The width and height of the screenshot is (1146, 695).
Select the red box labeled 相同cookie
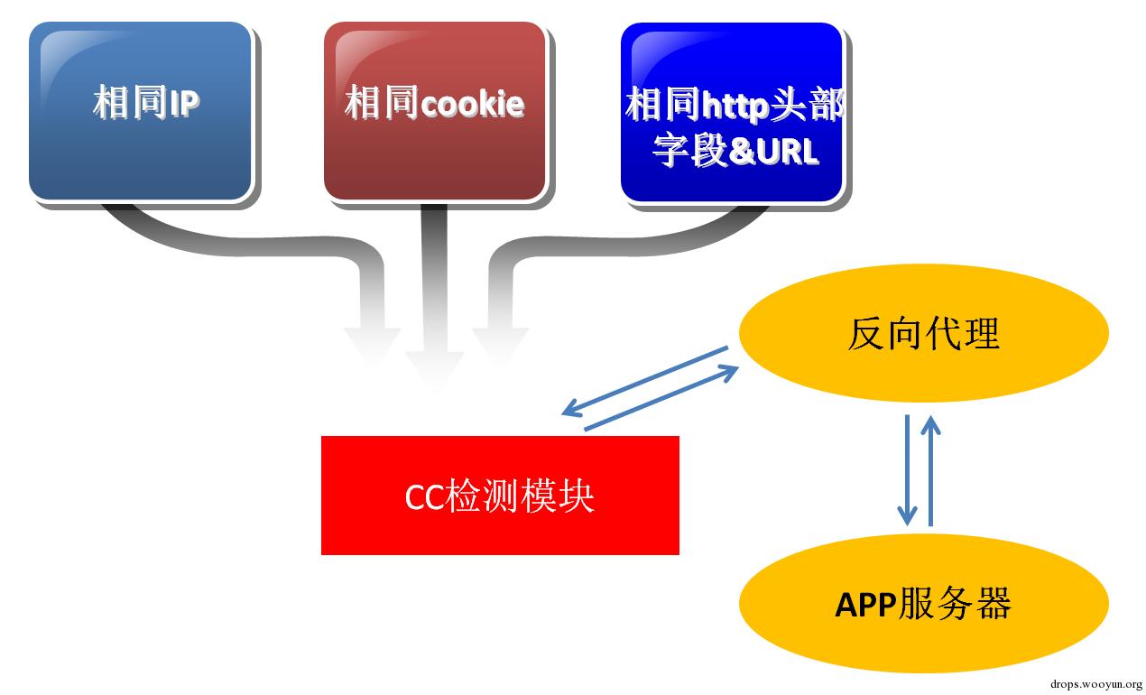click(434, 110)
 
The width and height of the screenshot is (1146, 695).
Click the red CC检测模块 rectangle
click(500, 495)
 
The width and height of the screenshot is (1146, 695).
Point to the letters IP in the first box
click(184, 104)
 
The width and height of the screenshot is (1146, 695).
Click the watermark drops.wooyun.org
click(1097, 684)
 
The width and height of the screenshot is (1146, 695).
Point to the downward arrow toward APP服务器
click(907, 469)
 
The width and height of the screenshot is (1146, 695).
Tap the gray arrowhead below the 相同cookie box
click(434, 361)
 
